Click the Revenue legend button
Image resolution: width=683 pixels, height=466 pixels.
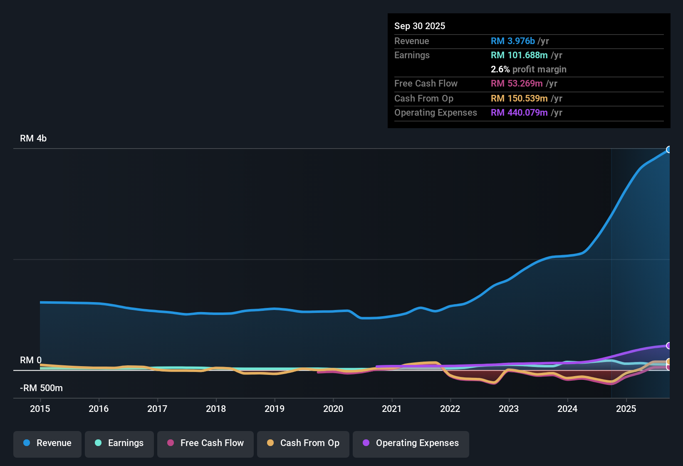[47, 443]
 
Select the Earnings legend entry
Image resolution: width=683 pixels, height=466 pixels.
[119, 443]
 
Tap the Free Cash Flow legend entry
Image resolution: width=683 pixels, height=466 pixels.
[205, 443]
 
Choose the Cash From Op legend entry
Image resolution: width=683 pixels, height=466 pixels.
[303, 443]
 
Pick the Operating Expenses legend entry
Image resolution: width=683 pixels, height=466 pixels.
[411, 443]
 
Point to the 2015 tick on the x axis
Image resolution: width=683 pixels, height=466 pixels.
[40, 409]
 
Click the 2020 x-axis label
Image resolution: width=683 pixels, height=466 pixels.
[333, 409]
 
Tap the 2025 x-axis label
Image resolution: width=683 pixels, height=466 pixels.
[626, 409]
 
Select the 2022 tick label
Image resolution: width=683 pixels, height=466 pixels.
[450, 409]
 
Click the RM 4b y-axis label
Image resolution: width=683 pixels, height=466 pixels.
[33, 138]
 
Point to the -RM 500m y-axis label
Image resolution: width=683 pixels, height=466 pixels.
[41, 388]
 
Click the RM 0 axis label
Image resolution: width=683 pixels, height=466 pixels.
[31, 360]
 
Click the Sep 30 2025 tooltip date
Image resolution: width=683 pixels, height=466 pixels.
[420, 26]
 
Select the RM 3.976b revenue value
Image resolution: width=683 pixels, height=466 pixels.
[512, 41]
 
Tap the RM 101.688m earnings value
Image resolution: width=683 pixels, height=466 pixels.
[519, 55]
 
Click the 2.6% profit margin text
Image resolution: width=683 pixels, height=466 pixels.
[528, 69]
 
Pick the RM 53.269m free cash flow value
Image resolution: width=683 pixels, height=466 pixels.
[516, 83]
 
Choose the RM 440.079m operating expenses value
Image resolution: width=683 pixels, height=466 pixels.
[519, 112]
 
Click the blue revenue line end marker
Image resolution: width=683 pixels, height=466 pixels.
[669, 149]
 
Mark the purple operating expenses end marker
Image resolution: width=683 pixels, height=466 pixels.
[669, 345]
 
